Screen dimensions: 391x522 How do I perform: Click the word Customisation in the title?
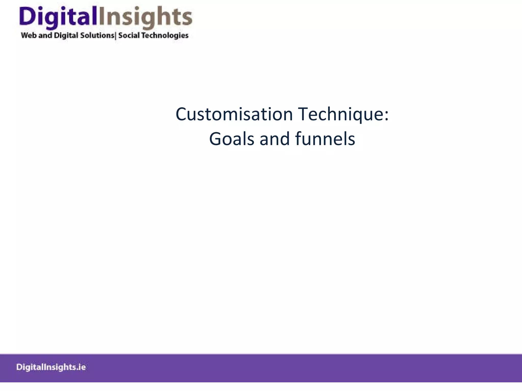pyautogui.click(x=234, y=114)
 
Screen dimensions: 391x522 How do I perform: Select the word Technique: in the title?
pyautogui.click(x=343, y=114)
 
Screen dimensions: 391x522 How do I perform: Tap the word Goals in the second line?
pyautogui.click(x=231, y=139)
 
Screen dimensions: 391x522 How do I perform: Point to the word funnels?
pyautogui.click(x=325, y=139)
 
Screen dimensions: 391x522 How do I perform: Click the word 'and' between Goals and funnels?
pyautogui.click(x=275, y=139)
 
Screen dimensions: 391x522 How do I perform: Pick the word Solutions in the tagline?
pyautogui.click(x=97, y=35)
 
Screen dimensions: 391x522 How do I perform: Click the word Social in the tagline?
pyautogui.click(x=129, y=35)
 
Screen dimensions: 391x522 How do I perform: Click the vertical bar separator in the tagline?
pyautogui.click(x=116, y=36)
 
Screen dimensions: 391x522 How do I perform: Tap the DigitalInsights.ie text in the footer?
pyautogui.click(x=51, y=367)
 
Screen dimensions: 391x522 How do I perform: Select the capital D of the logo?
pyautogui.click(x=27, y=16)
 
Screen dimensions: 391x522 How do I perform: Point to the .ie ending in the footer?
pyautogui.click(x=82, y=367)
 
